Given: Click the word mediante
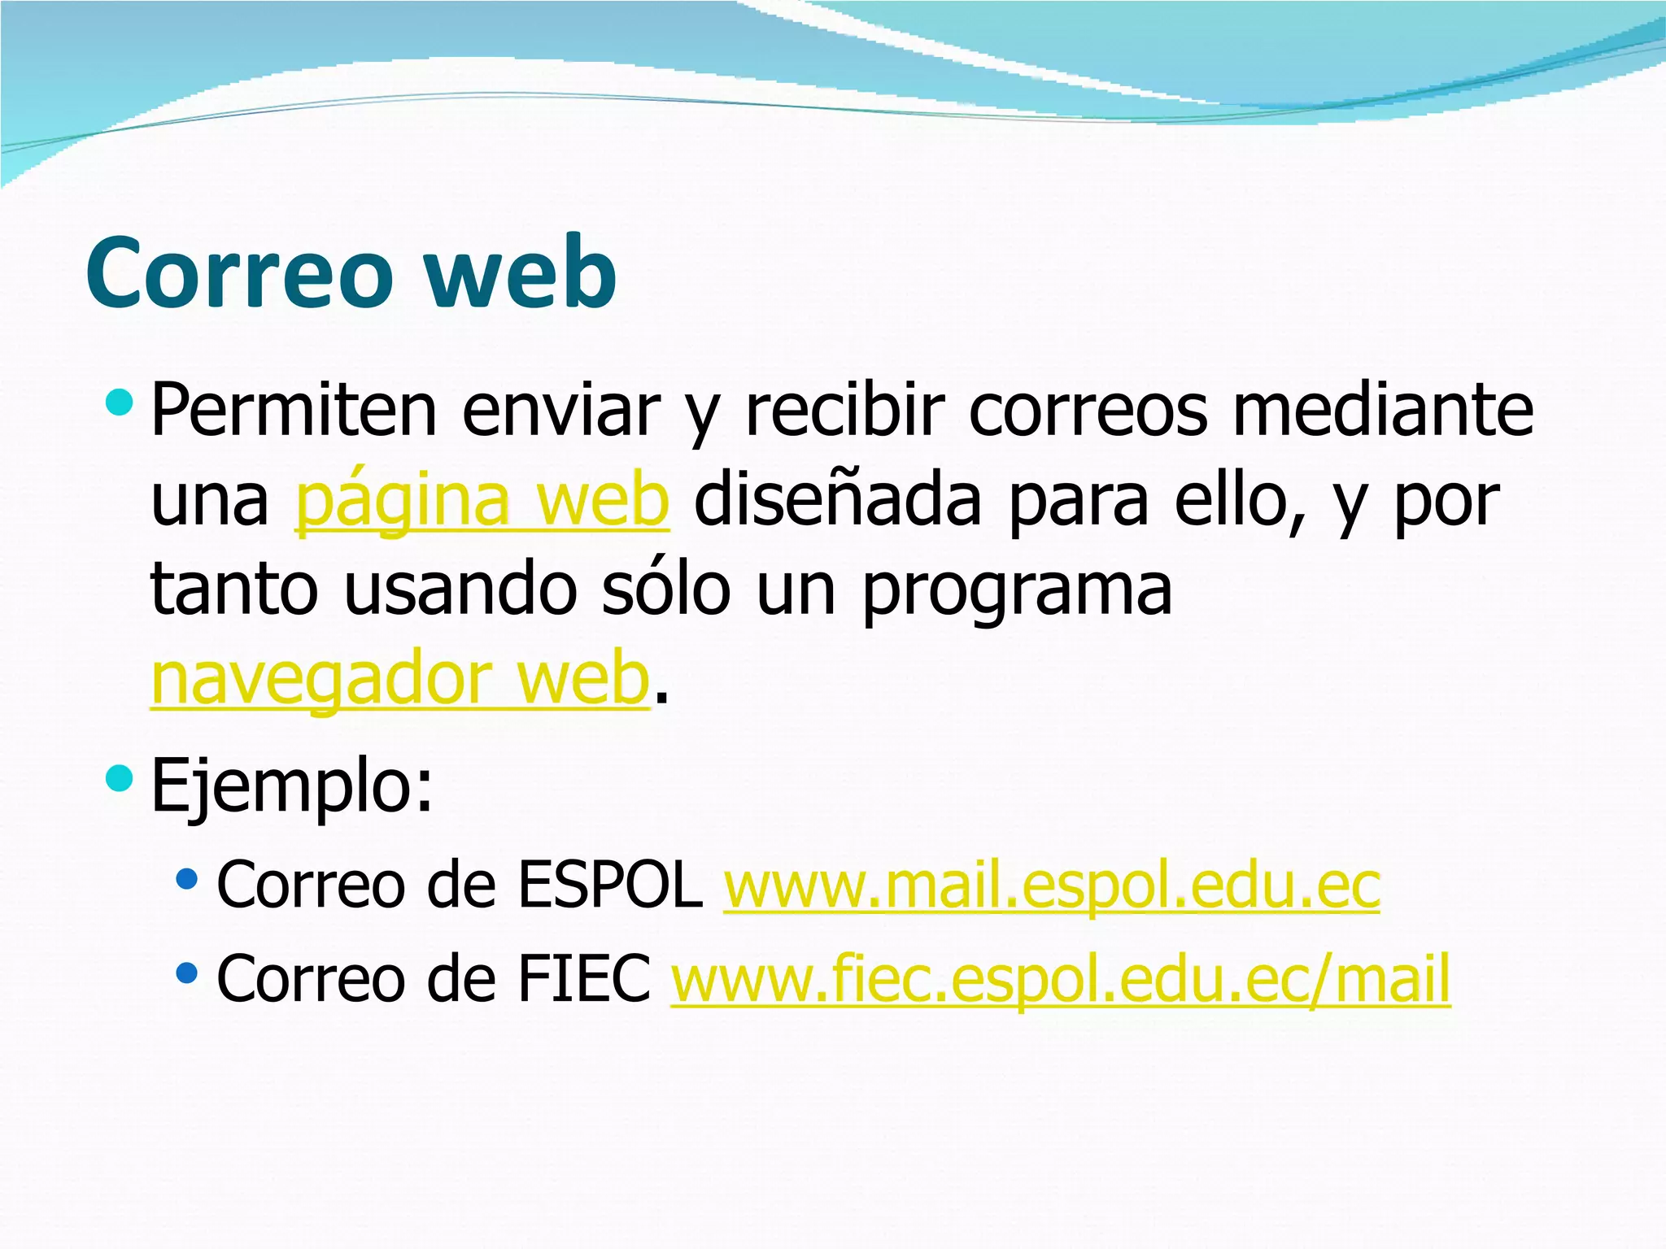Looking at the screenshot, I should tap(1383, 411).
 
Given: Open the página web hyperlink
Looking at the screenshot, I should tap(482, 500).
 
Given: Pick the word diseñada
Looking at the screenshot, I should tap(838, 500).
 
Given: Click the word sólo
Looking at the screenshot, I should tap(666, 590).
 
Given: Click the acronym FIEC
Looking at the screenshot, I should tap(583, 978).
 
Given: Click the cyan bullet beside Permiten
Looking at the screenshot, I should tap(119, 401).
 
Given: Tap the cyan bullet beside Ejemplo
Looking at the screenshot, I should tap(119, 778).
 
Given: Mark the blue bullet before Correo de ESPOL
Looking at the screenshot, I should tap(186, 879).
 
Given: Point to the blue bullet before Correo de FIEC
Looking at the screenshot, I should tap(186, 973).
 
